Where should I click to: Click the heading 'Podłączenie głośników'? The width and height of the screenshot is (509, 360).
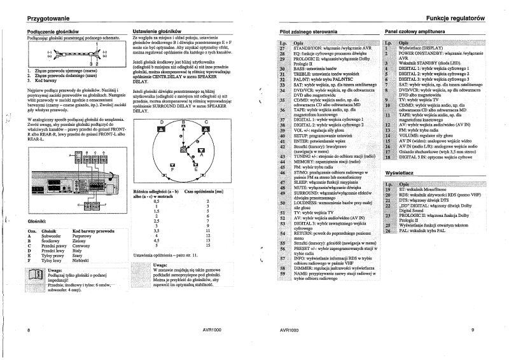(53, 31)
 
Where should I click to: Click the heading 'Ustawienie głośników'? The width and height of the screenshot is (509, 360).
(157, 31)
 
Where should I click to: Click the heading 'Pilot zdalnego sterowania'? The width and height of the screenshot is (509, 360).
(309, 31)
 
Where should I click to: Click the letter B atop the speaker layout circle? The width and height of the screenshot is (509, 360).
(183, 121)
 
